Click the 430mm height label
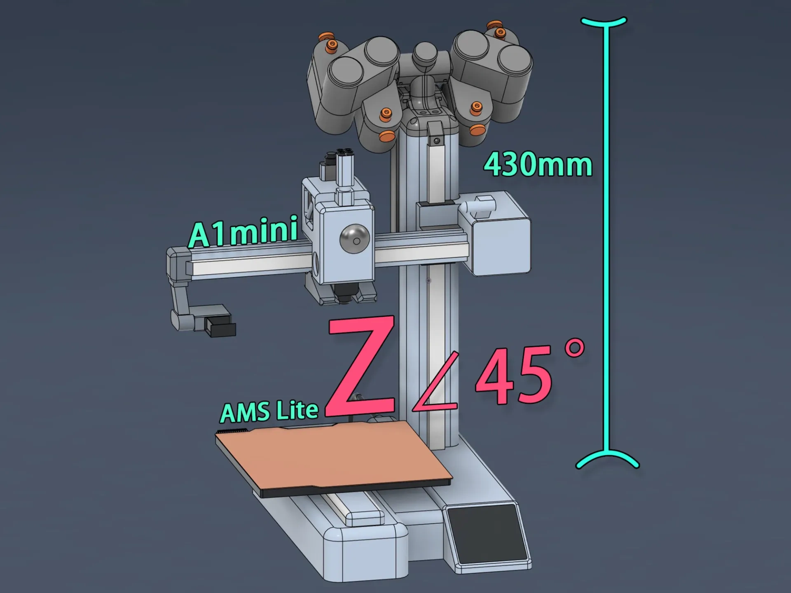point(538,165)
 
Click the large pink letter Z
point(360,366)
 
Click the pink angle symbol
point(436,381)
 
